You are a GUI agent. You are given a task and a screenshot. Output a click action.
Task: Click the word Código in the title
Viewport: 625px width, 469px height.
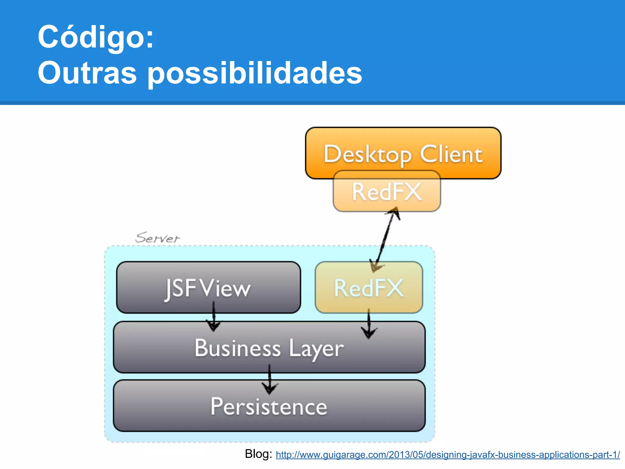(x=95, y=37)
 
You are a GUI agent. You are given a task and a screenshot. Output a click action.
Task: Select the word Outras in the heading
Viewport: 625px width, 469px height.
(x=87, y=73)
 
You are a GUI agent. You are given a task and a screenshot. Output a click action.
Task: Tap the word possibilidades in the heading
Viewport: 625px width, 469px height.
(x=255, y=73)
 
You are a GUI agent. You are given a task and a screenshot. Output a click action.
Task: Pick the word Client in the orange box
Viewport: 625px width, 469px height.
(x=451, y=155)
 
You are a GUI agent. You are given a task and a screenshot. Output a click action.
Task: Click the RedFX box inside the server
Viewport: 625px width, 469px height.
(x=369, y=288)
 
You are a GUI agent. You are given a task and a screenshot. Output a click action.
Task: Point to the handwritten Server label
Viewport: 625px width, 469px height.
(x=157, y=238)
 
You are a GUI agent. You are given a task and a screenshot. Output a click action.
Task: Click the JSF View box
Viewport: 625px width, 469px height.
(x=208, y=288)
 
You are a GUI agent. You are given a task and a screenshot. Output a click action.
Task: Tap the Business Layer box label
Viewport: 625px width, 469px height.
(x=269, y=348)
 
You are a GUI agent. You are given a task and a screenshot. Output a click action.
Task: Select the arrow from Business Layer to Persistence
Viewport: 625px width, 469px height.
(x=269, y=379)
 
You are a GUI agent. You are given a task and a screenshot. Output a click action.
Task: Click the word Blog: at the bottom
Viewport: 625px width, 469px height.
(x=258, y=454)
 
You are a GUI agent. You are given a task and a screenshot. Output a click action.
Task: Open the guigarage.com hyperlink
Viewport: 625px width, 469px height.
(x=448, y=455)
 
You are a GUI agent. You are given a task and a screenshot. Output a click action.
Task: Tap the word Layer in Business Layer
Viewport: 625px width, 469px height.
(x=316, y=349)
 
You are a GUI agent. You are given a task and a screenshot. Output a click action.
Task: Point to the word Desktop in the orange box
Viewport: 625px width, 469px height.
(x=367, y=155)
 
